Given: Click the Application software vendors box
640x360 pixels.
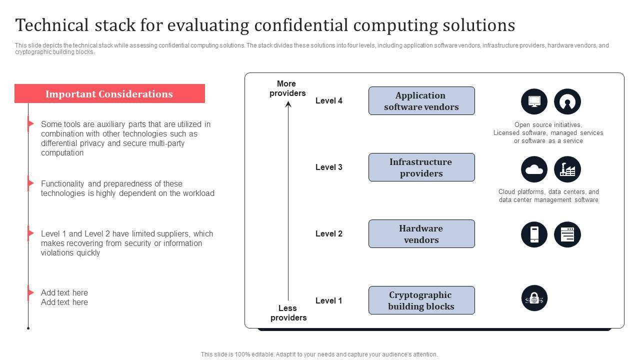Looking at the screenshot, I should click(x=421, y=100).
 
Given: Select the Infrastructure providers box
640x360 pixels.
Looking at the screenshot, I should click(x=421, y=167).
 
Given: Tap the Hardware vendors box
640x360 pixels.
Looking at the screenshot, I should click(x=421, y=233).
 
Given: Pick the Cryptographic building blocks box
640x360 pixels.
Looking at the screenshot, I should click(x=421, y=300).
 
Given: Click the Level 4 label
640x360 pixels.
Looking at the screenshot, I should click(x=328, y=100).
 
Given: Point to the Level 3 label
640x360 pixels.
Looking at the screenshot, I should click(x=328, y=167).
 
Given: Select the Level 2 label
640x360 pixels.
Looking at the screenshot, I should click(x=328, y=233).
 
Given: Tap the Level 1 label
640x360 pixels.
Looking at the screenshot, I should click(x=328, y=300).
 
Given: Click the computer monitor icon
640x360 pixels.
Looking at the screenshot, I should click(x=534, y=101).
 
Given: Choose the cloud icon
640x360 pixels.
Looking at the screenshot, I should click(x=534, y=169).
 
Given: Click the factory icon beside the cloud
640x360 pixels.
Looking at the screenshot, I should click(x=567, y=169).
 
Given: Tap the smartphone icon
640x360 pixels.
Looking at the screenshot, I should click(x=534, y=234).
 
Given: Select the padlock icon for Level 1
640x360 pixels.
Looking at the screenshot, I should click(x=534, y=298).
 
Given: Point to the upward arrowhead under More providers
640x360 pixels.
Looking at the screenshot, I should click(x=288, y=104).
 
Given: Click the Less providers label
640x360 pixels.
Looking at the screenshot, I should click(x=288, y=313).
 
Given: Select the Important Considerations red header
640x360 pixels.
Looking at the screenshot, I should click(x=109, y=93).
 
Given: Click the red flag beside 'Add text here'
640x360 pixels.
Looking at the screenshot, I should click(x=30, y=292).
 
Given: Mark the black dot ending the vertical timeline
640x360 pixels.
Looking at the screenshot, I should click(x=28, y=328).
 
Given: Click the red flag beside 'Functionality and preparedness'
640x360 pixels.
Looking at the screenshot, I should click(x=30, y=183).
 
